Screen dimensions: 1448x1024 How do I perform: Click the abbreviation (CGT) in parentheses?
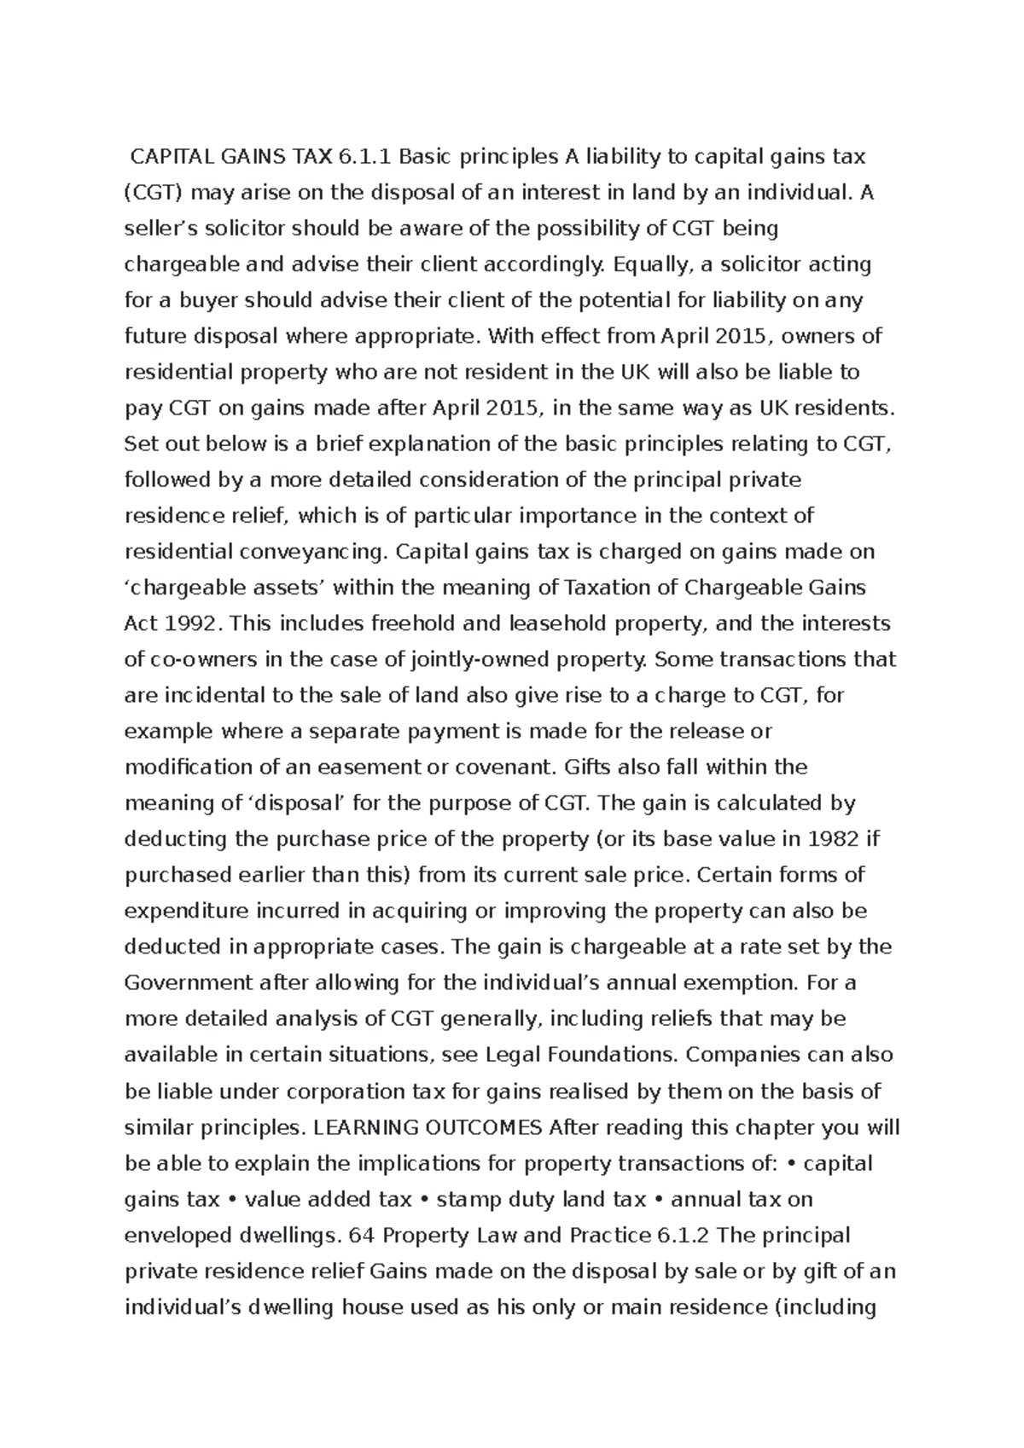coord(154,193)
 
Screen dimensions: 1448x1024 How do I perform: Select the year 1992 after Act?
coord(192,623)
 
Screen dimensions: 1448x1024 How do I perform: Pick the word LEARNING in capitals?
coord(358,1127)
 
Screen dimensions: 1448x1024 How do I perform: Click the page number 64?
coord(358,1235)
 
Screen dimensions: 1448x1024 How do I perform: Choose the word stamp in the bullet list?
coord(467,1199)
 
